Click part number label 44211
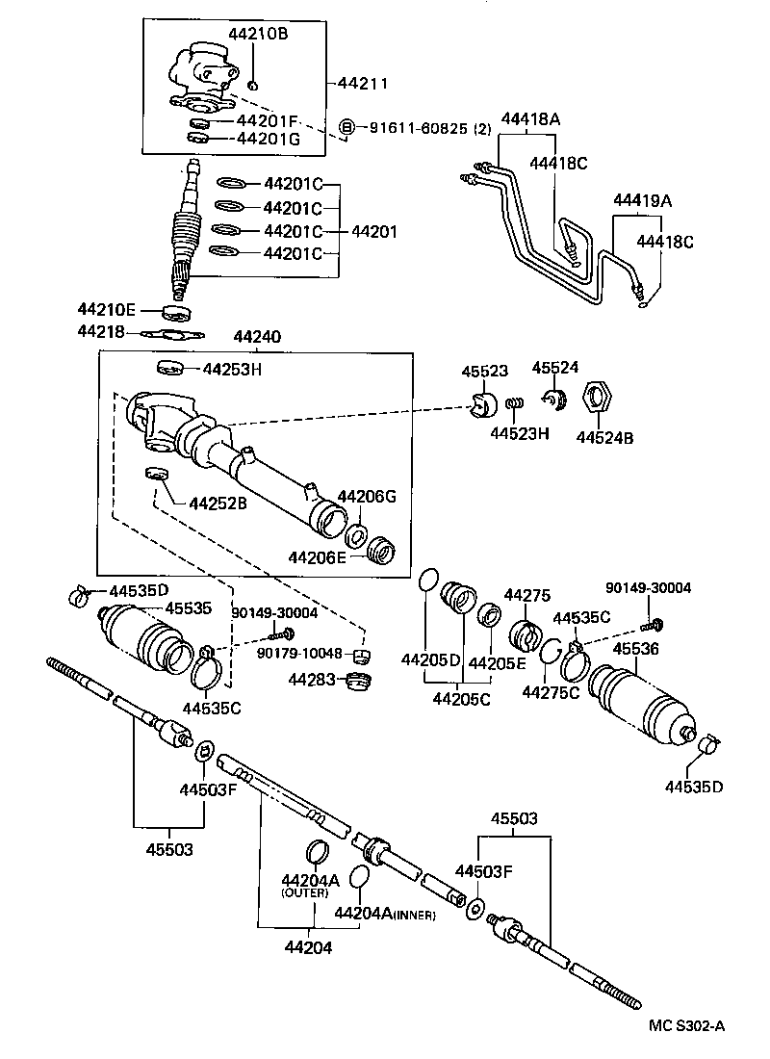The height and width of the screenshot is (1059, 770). pyautogui.click(x=363, y=84)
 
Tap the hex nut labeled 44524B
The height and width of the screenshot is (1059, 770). pyautogui.click(x=595, y=396)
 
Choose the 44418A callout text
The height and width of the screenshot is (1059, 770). pyautogui.click(x=529, y=118)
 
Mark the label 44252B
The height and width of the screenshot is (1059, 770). pyautogui.click(x=218, y=503)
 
